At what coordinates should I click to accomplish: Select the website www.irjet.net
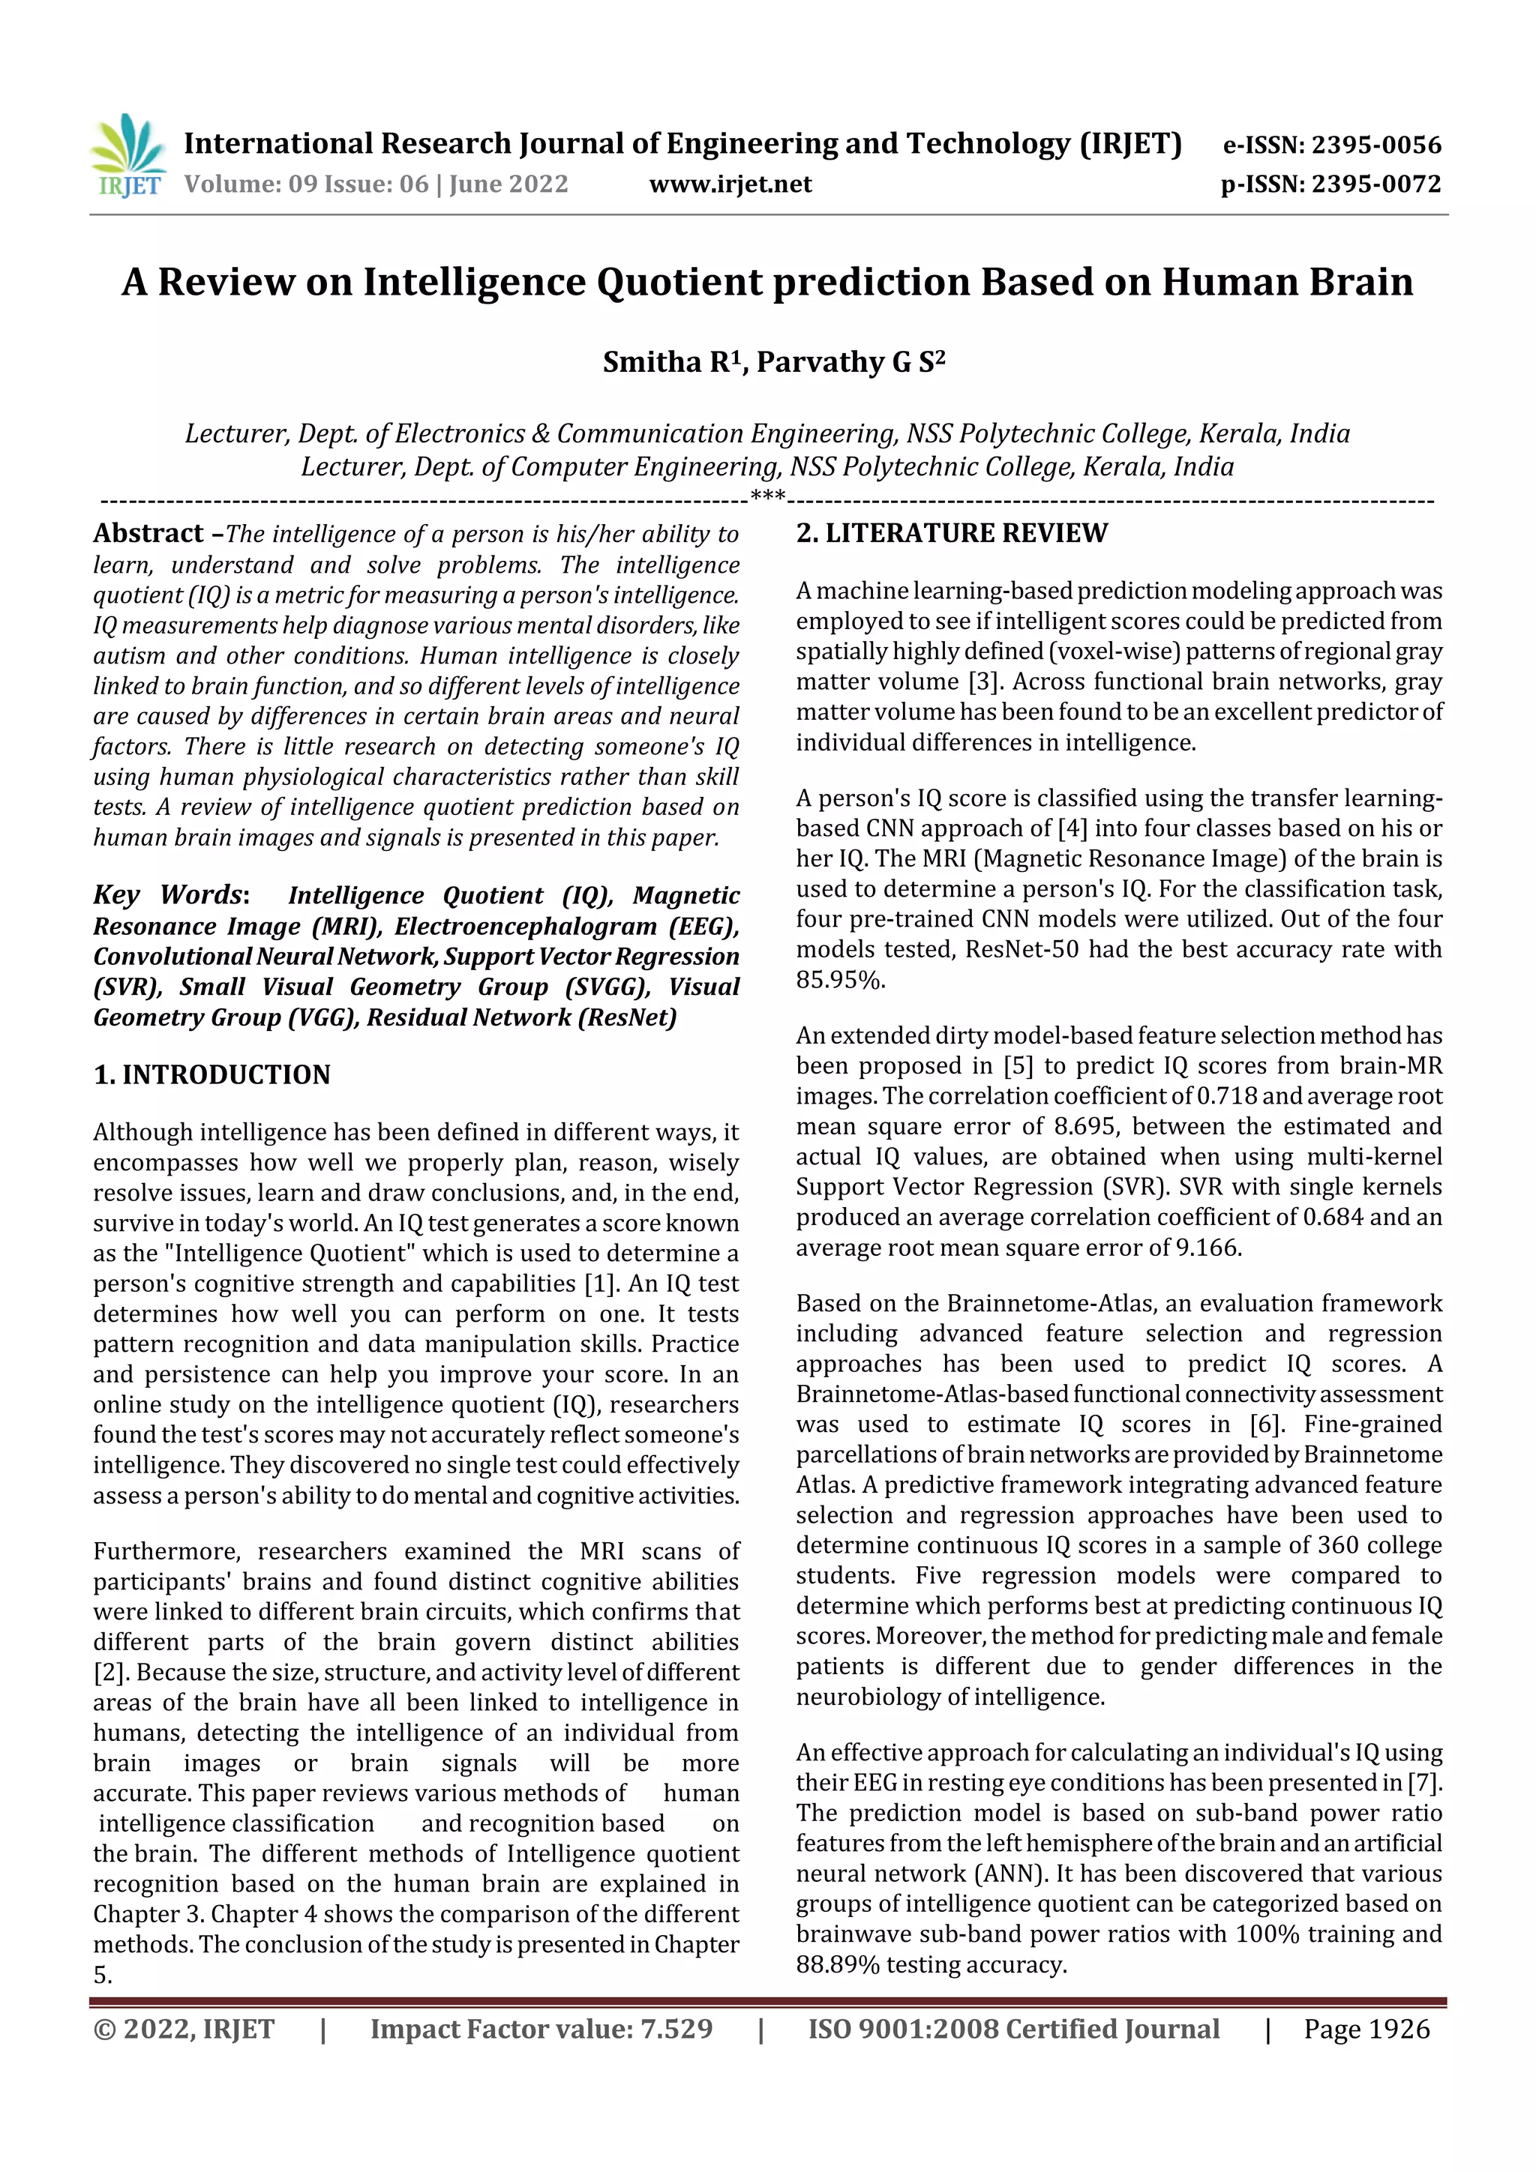(730, 184)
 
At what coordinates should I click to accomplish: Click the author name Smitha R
(672, 362)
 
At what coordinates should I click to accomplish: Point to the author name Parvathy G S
(849, 362)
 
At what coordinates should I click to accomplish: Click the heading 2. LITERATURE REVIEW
(950, 534)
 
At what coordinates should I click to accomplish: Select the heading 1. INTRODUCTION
(212, 1074)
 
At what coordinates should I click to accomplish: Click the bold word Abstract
(148, 534)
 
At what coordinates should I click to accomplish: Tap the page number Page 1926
(1366, 2029)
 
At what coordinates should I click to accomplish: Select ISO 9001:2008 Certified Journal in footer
(1012, 2029)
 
